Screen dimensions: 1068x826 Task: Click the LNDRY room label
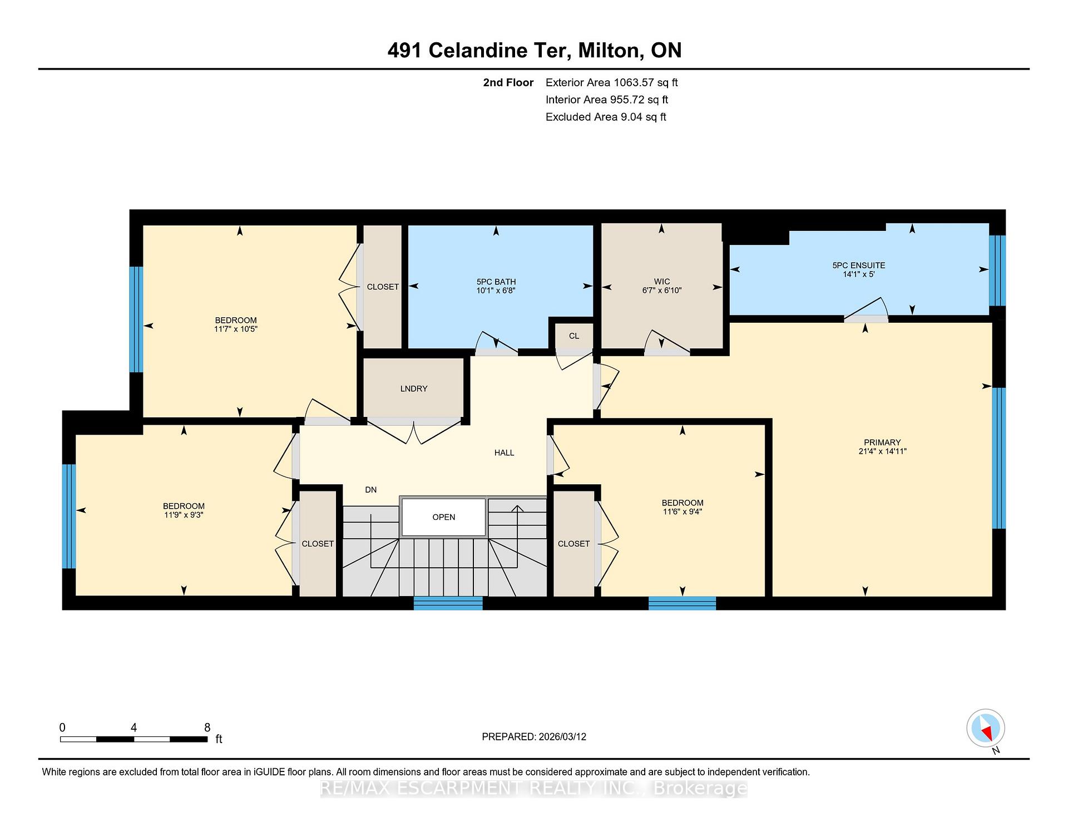pyautogui.click(x=414, y=389)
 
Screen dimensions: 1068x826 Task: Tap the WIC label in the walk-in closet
pyautogui.click(x=662, y=282)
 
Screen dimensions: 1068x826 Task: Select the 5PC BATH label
pyautogui.click(x=496, y=282)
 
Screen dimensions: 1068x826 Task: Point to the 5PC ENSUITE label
pyautogui.click(x=859, y=265)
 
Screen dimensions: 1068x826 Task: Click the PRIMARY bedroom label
pyautogui.click(x=882, y=442)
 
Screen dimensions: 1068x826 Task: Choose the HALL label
pyautogui.click(x=505, y=453)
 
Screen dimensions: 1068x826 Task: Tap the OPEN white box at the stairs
pyautogui.click(x=444, y=517)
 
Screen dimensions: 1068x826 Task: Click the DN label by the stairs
pyautogui.click(x=371, y=490)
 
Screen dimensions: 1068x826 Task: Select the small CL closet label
pyautogui.click(x=574, y=336)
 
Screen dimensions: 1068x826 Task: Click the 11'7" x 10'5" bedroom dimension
pyautogui.click(x=236, y=329)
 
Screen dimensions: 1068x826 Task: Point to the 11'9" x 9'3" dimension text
pyautogui.click(x=184, y=515)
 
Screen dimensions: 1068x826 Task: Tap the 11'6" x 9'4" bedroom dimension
pyautogui.click(x=683, y=512)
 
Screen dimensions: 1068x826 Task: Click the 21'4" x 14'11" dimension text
pyautogui.click(x=882, y=451)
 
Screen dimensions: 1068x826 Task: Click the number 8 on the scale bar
pyautogui.click(x=207, y=727)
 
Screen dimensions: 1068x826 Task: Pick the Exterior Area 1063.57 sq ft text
pyautogui.click(x=611, y=83)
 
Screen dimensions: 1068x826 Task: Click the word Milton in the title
pyautogui.click(x=609, y=51)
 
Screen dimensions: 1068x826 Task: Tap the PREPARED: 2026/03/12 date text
pyautogui.click(x=534, y=736)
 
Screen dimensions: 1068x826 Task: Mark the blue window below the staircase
pyautogui.click(x=448, y=603)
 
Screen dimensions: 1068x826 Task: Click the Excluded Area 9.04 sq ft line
pyautogui.click(x=606, y=117)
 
